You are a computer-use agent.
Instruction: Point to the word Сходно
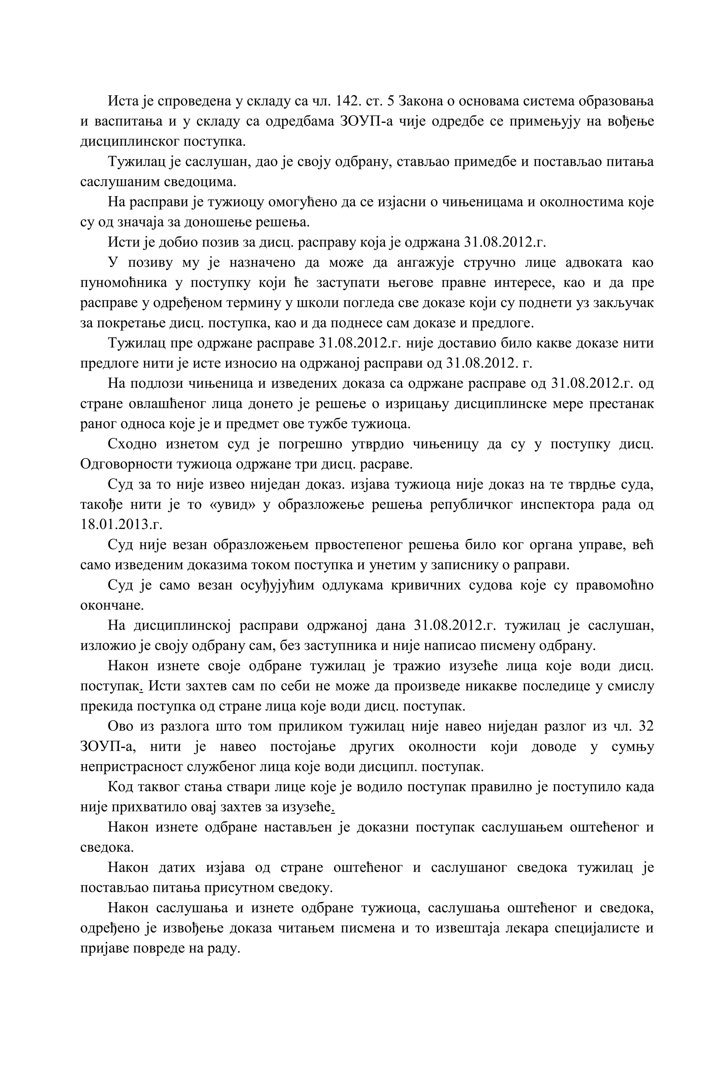[132, 444]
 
